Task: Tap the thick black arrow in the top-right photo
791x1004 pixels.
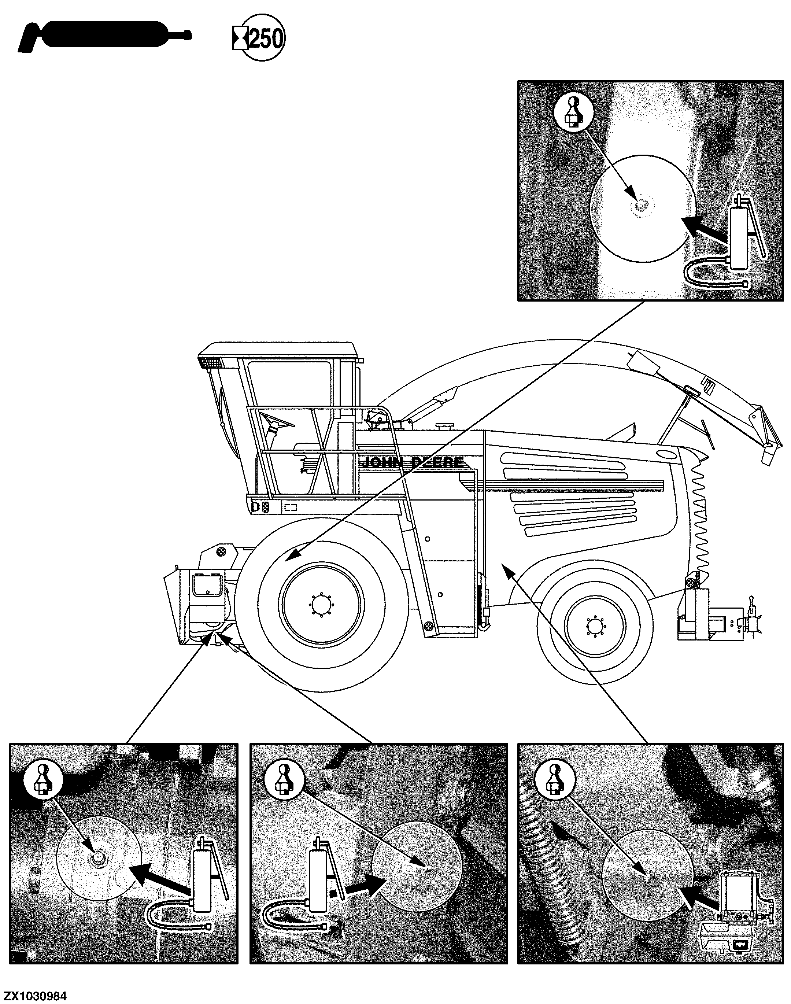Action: point(703,229)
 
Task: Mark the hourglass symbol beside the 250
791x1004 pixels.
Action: point(240,38)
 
